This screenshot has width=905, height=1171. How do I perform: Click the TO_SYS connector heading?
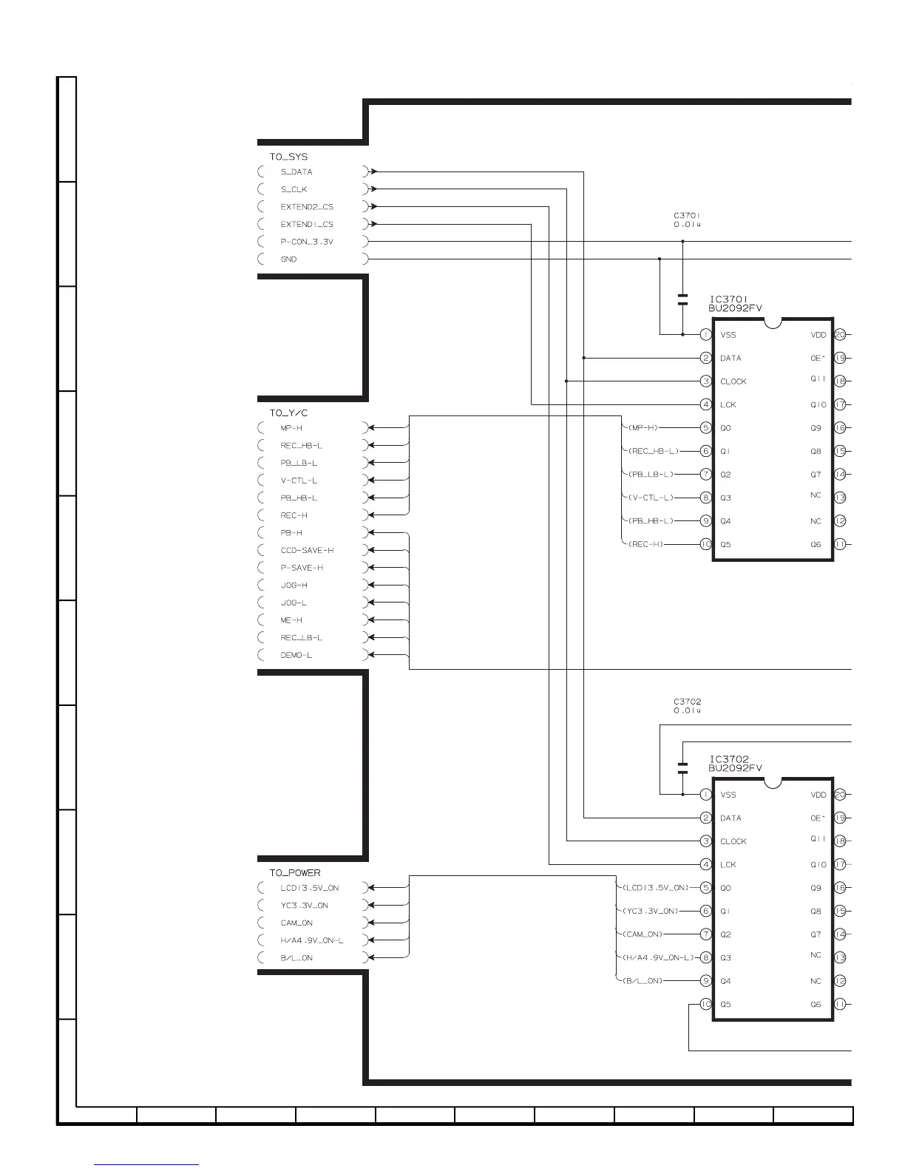288,157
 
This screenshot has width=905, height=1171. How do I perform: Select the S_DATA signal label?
296,172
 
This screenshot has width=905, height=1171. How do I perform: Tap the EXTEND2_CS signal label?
307,206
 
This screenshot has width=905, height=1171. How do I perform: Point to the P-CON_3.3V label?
307,242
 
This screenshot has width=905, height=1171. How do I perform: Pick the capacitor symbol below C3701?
682,299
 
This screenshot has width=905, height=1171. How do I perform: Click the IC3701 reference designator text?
728,300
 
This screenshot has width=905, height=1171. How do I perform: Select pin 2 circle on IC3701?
706,358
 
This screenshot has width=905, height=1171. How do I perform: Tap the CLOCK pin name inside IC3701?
733,381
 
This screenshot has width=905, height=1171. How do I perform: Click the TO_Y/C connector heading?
288,413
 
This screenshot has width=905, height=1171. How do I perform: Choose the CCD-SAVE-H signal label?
307,550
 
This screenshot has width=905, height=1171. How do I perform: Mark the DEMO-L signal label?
296,655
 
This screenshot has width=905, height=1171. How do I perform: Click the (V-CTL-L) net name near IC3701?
651,498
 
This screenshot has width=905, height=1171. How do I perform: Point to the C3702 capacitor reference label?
687,702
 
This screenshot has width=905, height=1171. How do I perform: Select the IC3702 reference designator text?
729,759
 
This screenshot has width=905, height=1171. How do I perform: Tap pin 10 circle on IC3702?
706,1004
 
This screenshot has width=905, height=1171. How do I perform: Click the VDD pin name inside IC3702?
818,795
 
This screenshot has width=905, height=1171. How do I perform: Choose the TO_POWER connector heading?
295,873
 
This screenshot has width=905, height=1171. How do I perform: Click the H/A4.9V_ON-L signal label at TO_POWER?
312,940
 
